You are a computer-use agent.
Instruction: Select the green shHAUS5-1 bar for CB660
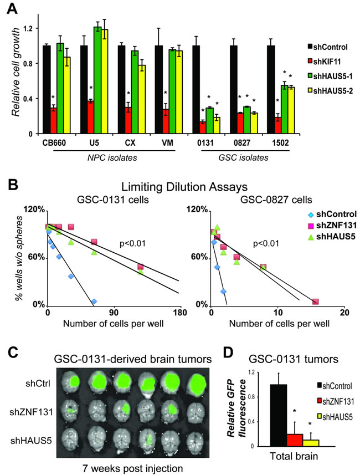click(x=60, y=89)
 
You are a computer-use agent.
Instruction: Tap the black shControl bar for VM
click(x=158, y=90)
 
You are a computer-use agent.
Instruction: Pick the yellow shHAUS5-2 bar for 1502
click(x=291, y=110)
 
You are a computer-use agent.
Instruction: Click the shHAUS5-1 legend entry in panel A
click(x=330, y=76)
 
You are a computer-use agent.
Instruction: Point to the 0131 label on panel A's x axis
click(x=205, y=142)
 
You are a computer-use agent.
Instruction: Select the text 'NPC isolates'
click(x=112, y=158)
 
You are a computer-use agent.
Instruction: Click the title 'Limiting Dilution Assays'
click(x=184, y=187)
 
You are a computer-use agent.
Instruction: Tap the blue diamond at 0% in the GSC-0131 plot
click(x=94, y=301)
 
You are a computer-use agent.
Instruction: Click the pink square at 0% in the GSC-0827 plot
click(x=316, y=302)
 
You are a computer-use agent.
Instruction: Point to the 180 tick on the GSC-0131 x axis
click(x=181, y=312)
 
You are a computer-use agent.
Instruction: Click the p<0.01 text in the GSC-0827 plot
click(x=266, y=243)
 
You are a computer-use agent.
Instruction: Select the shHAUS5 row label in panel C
click(x=31, y=440)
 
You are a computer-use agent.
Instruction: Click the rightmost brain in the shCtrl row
click(x=194, y=384)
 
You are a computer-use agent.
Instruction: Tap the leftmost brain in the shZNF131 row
click(x=70, y=411)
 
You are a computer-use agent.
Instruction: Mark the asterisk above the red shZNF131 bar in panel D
click(x=295, y=411)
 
